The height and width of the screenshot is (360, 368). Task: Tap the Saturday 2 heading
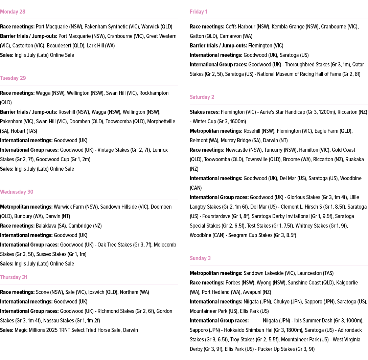click(x=202, y=97)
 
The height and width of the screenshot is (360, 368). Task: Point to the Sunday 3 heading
click(x=200, y=258)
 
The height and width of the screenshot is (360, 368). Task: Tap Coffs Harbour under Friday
click(x=240, y=27)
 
